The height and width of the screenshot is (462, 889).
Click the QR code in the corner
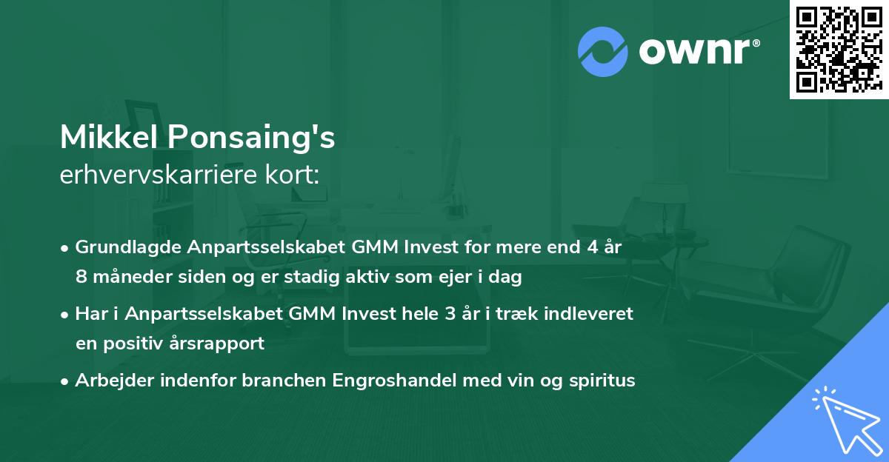839,49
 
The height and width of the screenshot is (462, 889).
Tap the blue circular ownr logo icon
603,51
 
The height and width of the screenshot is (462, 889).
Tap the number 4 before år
592,247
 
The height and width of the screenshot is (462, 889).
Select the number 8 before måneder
81,278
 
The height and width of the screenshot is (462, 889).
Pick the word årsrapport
222,344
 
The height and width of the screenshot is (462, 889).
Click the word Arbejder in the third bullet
110,381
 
